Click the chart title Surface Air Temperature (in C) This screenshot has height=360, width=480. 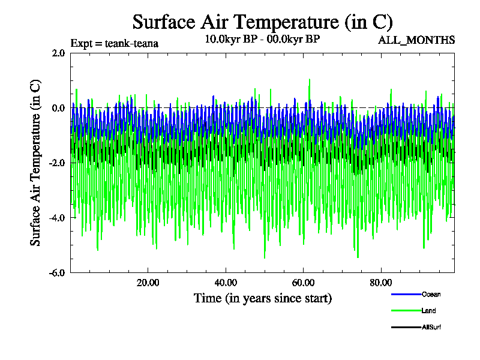[x=262, y=22]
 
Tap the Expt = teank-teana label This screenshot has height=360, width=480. [x=115, y=43]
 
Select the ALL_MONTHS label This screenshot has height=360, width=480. [x=416, y=40]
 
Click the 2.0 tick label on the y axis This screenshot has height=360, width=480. [x=58, y=53]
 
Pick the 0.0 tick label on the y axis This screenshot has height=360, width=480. [x=58, y=108]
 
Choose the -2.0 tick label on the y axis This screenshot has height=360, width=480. [x=56, y=163]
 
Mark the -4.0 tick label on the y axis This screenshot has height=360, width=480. [x=56, y=218]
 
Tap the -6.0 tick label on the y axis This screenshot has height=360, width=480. [x=56, y=272]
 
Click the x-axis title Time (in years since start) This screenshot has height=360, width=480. [x=262, y=298]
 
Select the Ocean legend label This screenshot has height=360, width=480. [x=431, y=294]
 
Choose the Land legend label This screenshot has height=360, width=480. [x=428, y=311]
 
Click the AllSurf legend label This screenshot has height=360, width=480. [x=432, y=327]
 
